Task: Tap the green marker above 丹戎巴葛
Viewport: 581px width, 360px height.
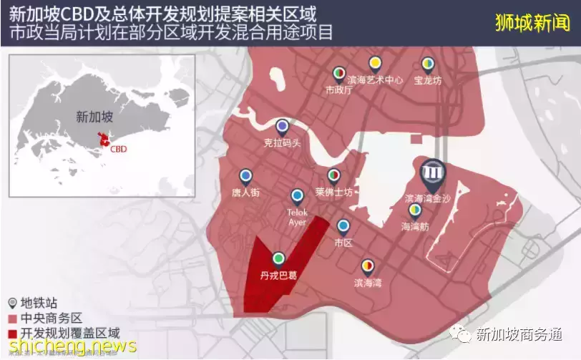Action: tap(278, 258)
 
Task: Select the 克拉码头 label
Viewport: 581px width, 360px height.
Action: tap(282, 143)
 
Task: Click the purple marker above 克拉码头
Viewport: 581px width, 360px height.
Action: tap(283, 127)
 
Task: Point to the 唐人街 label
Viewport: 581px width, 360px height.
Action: tap(245, 192)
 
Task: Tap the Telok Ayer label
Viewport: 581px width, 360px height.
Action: tap(297, 217)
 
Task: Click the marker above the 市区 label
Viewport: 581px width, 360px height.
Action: tap(343, 227)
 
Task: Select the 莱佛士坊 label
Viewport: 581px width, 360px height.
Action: tap(333, 192)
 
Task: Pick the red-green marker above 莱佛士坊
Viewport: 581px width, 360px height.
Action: tap(333, 175)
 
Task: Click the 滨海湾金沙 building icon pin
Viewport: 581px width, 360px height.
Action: tap(433, 174)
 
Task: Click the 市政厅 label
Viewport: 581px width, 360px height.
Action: tap(339, 90)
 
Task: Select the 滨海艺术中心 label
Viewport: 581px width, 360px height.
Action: tap(375, 80)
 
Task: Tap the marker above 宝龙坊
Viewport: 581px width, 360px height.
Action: tap(427, 64)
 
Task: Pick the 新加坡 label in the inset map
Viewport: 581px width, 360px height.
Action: tap(94, 116)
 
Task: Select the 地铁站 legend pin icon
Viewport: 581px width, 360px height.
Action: tap(11, 302)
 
